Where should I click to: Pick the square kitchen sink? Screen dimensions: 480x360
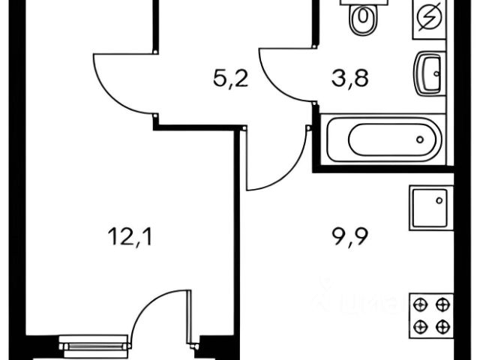tap(430, 208)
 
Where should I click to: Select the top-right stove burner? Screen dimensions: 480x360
tap(443, 304)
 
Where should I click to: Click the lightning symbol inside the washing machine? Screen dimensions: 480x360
tap(430, 16)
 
